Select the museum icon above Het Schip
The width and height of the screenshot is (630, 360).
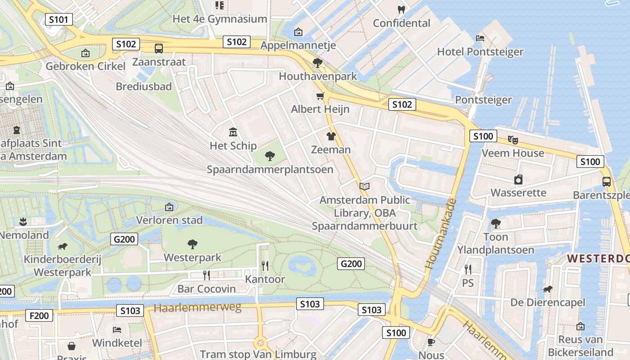click(x=233, y=132)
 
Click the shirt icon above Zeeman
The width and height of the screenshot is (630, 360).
click(x=331, y=136)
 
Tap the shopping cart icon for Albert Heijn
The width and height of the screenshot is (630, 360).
click(x=320, y=96)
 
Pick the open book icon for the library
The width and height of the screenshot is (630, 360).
click(x=364, y=186)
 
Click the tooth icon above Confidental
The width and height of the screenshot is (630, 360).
click(x=401, y=9)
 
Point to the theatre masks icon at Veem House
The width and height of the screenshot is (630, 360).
click(x=513, y=139)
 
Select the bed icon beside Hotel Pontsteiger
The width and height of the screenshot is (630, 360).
click(x=480, y=38)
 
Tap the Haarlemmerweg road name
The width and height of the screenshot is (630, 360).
click(x=198, y=308)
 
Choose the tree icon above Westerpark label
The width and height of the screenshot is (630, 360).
click(x=193, y=244)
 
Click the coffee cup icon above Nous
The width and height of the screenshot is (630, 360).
click(x=431, y=342)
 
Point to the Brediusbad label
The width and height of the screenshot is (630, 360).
click(x=144, y=86)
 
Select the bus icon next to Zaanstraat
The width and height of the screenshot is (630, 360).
click(x=158, y=49)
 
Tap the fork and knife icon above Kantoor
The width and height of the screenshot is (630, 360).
click(x=265, y=266)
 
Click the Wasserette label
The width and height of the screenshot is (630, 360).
click(x=518, y=193)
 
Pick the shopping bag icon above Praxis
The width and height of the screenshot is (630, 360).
click(x=72, y=346)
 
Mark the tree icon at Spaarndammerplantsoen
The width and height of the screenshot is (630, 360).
click(x=270, y=156)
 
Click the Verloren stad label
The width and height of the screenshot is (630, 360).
click(x=170, y=220)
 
